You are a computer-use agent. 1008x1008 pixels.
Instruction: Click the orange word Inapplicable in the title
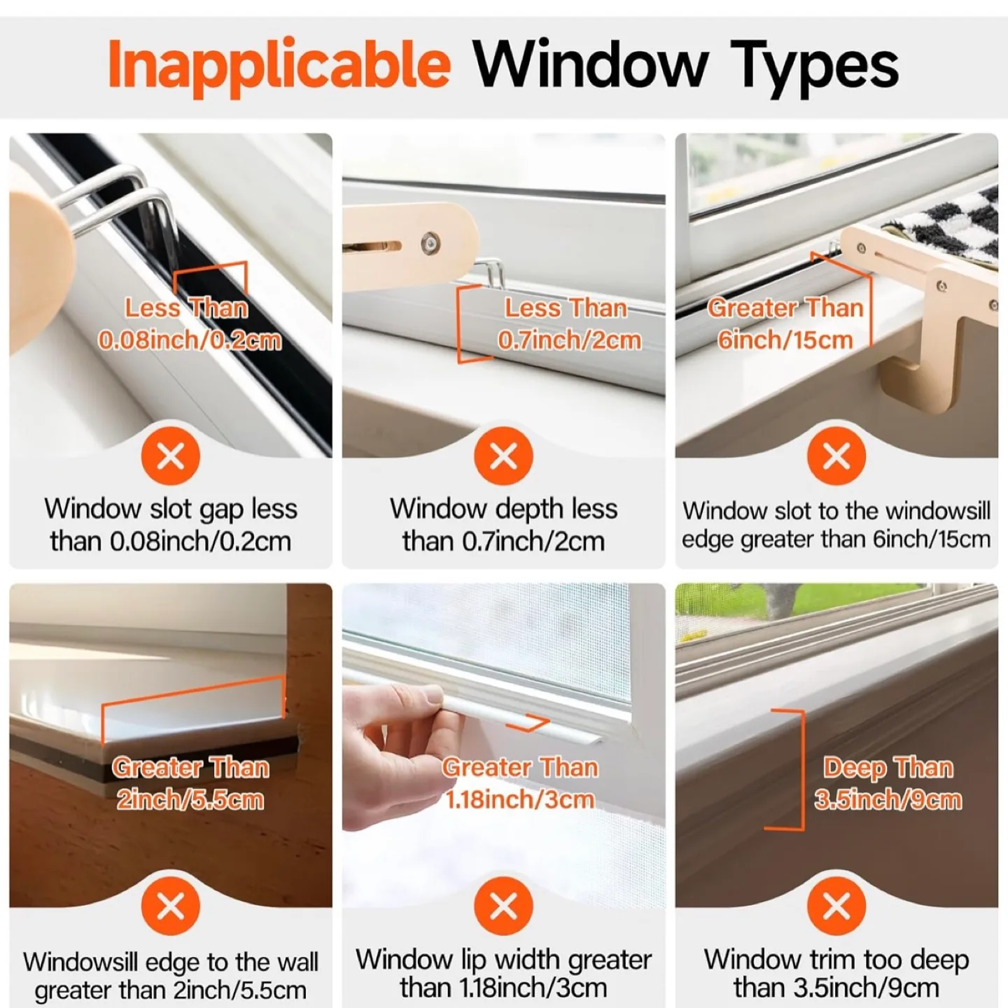click(x=279, y=65)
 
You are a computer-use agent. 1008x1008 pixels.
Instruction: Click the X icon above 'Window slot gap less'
click(x=171, y=457)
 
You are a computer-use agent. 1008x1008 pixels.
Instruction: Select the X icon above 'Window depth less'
click(x=503, y=457)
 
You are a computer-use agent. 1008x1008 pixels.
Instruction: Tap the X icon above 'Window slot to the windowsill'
click(x=836, y=457)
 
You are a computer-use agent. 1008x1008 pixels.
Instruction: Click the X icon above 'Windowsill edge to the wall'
click(x=171, y=906)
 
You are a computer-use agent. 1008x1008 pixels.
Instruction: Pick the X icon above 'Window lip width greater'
click(x=503, y=906)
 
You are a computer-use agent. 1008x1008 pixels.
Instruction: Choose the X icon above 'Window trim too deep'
click(x=836, y=906)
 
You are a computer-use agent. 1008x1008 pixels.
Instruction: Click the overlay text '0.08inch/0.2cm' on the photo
click(x=190, y=340)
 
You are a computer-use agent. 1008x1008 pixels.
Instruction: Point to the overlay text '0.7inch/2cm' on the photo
click(x=569, y=340)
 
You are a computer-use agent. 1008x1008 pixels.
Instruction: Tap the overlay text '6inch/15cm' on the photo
click(x=785, y=340)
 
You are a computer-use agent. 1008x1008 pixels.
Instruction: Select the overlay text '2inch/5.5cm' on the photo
click(x=190, y=799)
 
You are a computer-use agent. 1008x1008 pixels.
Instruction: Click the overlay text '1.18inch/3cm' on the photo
click(x=520, y=799)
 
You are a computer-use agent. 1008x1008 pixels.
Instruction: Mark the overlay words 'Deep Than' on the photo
click(x=888, y=768)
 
